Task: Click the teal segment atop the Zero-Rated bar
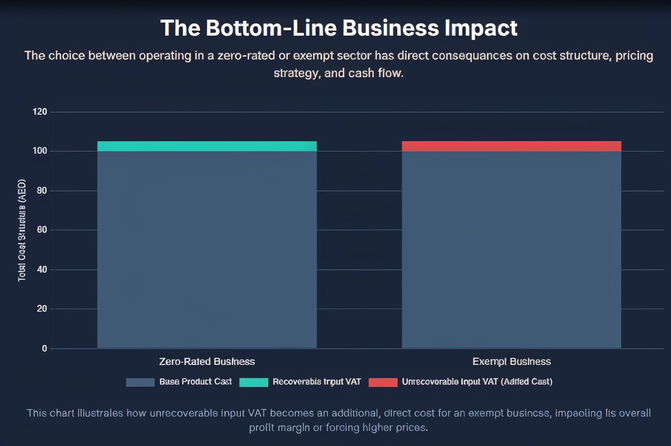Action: point(207,146)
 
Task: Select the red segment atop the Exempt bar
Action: point(511,146)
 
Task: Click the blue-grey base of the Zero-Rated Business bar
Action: point(207,250)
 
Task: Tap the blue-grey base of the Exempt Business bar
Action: point(511,250)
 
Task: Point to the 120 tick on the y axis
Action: point(40,111)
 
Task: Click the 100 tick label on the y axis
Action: point(40,151)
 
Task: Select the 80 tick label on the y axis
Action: point(41,190)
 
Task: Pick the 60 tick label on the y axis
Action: point(41,230)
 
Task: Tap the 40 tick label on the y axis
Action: point(41,269)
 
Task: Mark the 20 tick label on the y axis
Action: point(41,309)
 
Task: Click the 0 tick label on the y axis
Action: point(44,348)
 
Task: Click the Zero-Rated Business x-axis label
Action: point(207,361)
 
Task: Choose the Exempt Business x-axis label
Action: point(511,361)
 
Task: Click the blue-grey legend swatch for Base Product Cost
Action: point(140,382)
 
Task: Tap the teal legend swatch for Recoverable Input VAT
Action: point(253,382)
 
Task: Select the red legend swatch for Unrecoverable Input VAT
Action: point(383,382)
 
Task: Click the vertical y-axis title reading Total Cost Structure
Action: point(22,230)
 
